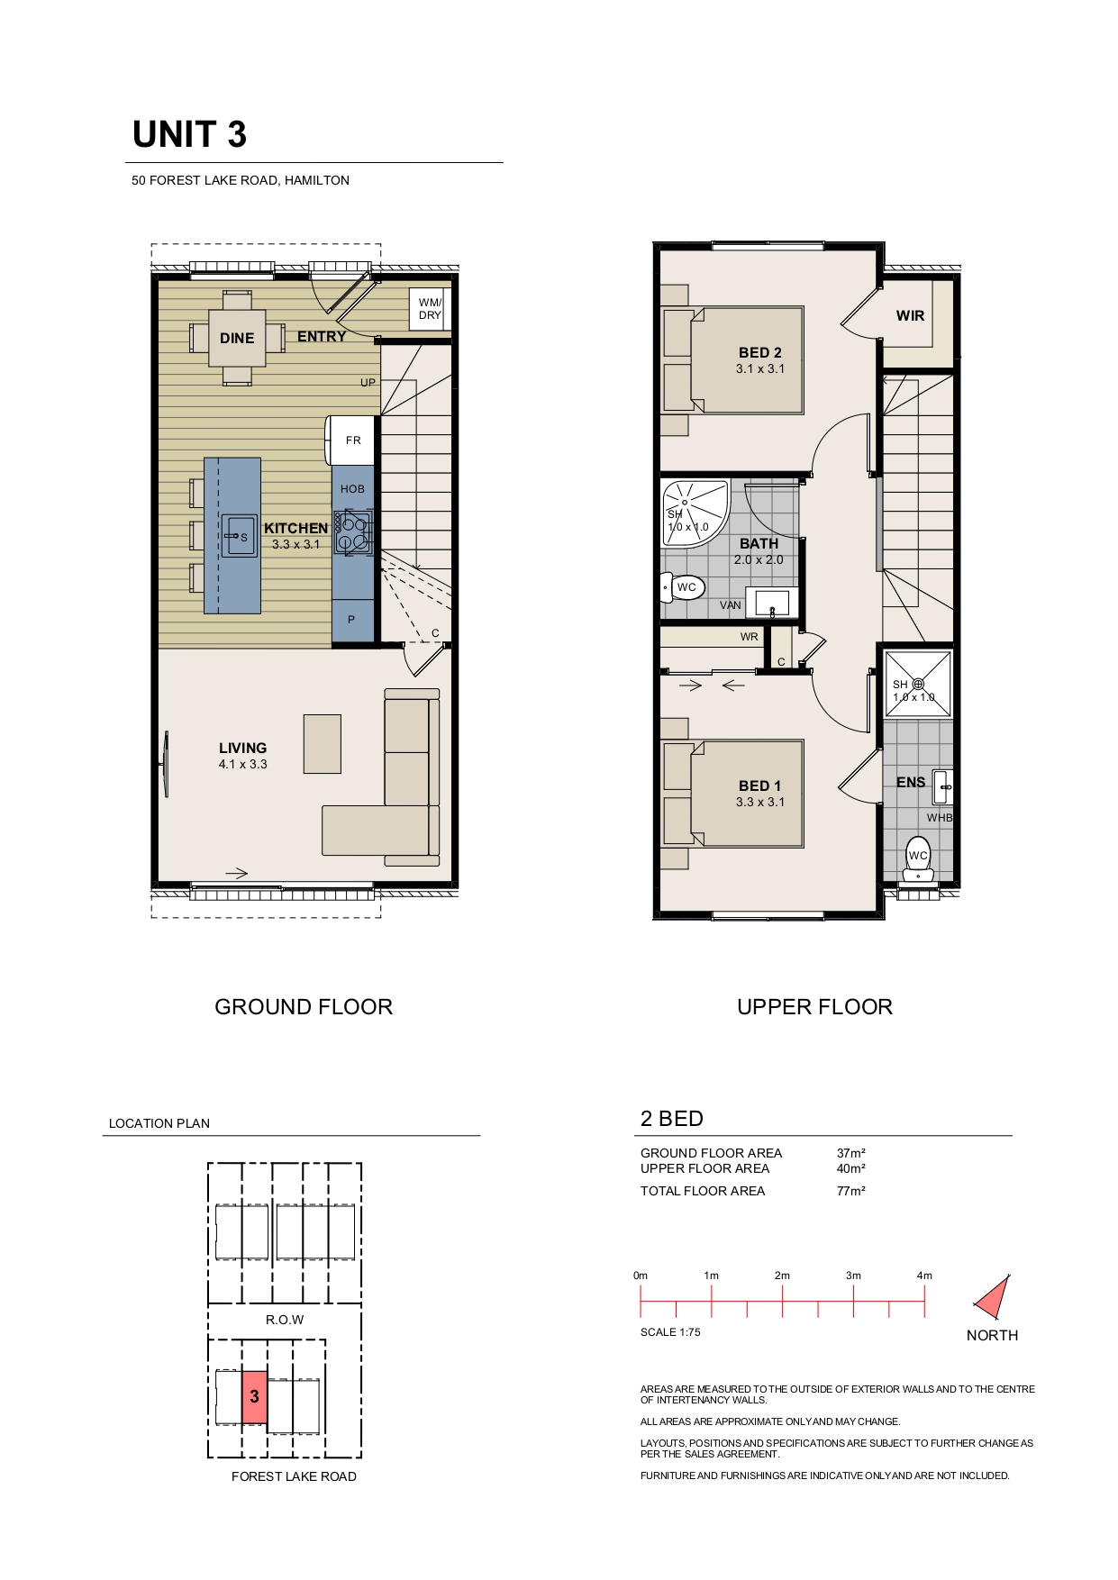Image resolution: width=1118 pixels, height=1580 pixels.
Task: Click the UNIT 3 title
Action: (189, 135)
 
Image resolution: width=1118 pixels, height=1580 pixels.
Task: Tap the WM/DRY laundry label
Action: (430, 309)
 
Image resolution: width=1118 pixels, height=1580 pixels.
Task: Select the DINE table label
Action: (237, 339)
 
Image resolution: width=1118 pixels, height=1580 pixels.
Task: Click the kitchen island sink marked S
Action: (240, 537)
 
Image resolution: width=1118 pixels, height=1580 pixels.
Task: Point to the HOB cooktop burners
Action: (353, 531)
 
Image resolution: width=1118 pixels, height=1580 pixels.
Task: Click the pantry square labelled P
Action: (352, 621)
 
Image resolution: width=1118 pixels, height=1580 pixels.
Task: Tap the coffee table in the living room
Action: (323, 744)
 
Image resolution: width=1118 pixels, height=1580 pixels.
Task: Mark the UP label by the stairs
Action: (368, 383)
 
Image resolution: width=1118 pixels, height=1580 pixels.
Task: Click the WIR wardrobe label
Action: (910, 316)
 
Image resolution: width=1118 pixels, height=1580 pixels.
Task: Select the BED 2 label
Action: (760, 353)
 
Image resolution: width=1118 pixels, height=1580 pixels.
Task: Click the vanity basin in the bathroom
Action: (771, 602)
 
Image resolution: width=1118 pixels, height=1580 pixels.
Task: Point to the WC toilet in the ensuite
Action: (918, 859)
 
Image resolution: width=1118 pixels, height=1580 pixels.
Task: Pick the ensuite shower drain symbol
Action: (918, 685)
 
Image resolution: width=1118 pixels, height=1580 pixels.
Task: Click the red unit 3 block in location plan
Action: (255, 1397)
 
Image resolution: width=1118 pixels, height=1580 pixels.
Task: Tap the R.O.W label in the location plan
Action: (285, 1321)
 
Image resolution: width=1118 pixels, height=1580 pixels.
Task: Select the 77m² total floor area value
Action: (850, 1191)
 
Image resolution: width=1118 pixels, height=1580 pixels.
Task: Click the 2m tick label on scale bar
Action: (782, 1276)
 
